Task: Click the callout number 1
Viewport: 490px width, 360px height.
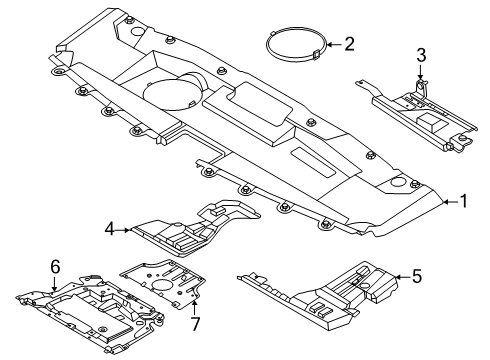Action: point(463,201)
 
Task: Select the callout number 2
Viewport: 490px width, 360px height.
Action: point(349,44)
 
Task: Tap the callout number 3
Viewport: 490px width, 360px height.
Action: point(421,55)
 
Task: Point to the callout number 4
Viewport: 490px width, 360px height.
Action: point(110,229)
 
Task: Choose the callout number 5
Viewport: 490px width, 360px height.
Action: point(417,276)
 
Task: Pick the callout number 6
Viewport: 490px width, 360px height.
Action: point(56,267)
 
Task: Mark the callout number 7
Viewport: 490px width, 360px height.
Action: point(195,324)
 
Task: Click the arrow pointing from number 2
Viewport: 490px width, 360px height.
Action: point(334,44)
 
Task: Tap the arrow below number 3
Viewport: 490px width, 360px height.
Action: point(421,72)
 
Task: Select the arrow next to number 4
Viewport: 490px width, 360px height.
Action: point(123,230)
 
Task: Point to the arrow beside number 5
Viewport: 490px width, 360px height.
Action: point(403,276)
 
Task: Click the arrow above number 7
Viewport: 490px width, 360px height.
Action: point(195,307)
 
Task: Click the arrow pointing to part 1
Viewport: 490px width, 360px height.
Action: point(450,201)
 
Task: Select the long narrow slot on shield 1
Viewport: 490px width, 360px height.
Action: point(313,162)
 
